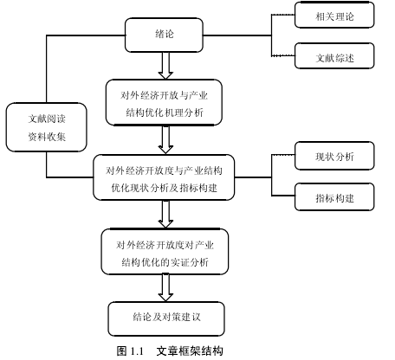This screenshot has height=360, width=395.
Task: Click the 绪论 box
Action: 164,35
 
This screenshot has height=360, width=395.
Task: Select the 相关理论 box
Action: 334,15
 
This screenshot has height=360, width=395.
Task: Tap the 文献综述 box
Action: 334,56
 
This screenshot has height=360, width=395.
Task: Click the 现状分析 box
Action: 334,156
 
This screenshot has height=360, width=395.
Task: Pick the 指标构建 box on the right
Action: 334,196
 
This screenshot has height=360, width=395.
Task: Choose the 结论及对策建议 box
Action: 166,318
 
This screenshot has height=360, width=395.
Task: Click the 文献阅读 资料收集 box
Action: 47,127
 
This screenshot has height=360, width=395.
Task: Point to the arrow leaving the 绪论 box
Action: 165,66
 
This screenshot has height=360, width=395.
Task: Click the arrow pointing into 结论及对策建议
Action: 165,287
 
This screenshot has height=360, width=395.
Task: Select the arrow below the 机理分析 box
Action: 165,139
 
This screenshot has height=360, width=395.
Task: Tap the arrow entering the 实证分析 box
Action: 165,214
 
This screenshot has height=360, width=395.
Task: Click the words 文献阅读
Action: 47,119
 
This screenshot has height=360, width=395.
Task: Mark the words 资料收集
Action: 47,137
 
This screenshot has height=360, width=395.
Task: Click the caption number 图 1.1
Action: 130,351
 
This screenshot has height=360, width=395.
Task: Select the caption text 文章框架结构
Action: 190,351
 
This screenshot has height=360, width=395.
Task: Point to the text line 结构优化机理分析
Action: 165,112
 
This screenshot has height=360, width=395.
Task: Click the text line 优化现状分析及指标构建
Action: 164,188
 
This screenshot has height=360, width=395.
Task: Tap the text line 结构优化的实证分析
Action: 165,262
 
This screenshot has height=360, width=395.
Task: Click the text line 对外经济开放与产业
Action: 164,95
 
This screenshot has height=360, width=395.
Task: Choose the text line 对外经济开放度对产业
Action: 165,245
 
